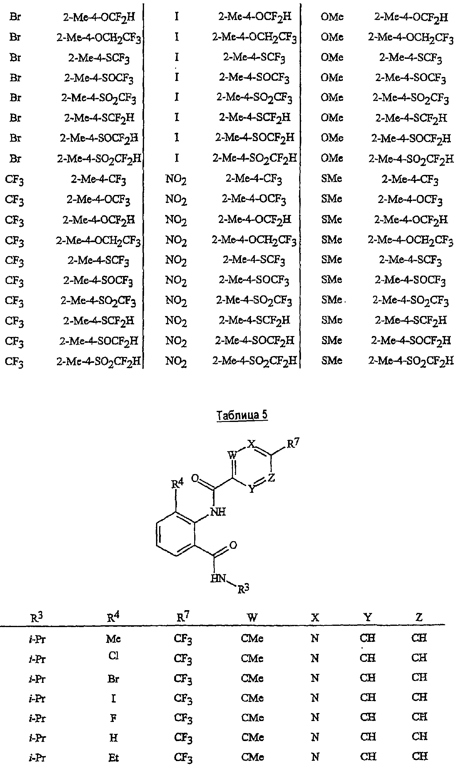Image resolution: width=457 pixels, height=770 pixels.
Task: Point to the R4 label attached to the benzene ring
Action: pos(177,484)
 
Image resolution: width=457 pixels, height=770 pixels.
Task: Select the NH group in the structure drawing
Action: pos(218,512)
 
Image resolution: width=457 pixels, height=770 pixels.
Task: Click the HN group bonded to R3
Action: pos(218,578)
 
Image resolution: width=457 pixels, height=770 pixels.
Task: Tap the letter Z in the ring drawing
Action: pos(271,478)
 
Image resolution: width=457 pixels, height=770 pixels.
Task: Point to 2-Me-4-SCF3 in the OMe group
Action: pos(411,58)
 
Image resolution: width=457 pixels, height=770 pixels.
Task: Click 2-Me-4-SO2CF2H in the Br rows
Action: pos(99,159)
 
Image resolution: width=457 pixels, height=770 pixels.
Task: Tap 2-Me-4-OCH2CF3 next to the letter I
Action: pos(255,38)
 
